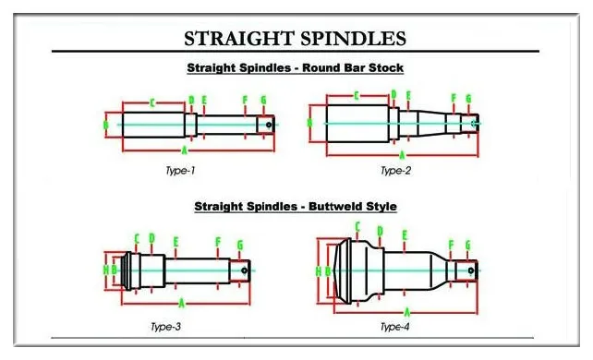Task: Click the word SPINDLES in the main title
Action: pos(352,39)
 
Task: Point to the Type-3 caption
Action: pos(166,326)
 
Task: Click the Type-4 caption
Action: pos(395,327)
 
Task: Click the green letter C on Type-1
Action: pos(151,102)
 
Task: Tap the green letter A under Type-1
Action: pos(185,150)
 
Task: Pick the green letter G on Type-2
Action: pos(468,98)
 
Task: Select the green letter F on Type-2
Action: pos(454,98)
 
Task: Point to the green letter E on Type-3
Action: pos(175,242)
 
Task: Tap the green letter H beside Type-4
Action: pos(318,271)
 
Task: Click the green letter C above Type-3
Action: pos(137,238)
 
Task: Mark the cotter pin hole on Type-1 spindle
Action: pos(268,124)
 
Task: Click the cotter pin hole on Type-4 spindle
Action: pos(470,271)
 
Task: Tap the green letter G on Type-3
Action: pos(239,245)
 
